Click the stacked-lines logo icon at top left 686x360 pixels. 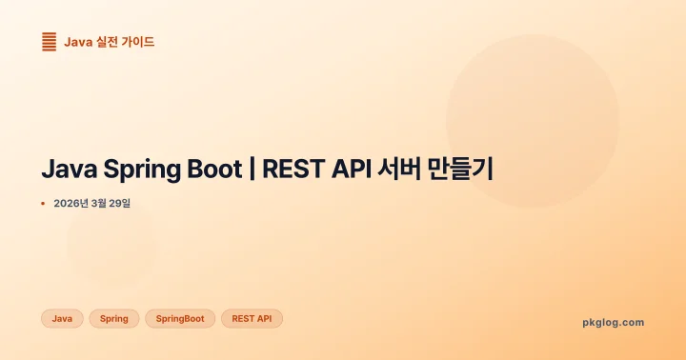point(50,42)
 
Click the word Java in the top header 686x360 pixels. point(78,42)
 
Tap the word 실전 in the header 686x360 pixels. point(109,42)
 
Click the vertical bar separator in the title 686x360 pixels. point(252,170)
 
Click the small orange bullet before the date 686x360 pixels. point(43,204)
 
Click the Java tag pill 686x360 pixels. point(62,318)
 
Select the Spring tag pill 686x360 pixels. point(114,318)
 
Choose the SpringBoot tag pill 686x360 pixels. point(180,318)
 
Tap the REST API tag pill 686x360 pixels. point(252,318)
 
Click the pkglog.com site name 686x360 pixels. point(613,322)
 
